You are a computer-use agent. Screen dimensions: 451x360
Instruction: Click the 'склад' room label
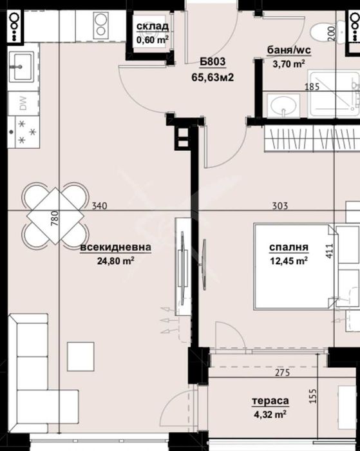pos(153,26)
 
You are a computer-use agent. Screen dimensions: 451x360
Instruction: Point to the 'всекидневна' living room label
pos(116,247)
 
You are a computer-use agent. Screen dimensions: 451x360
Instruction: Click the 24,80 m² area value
pos(116,261)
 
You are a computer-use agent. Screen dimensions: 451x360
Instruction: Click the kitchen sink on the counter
pos(21,66)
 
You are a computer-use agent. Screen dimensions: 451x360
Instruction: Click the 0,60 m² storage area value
pos(153,39)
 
